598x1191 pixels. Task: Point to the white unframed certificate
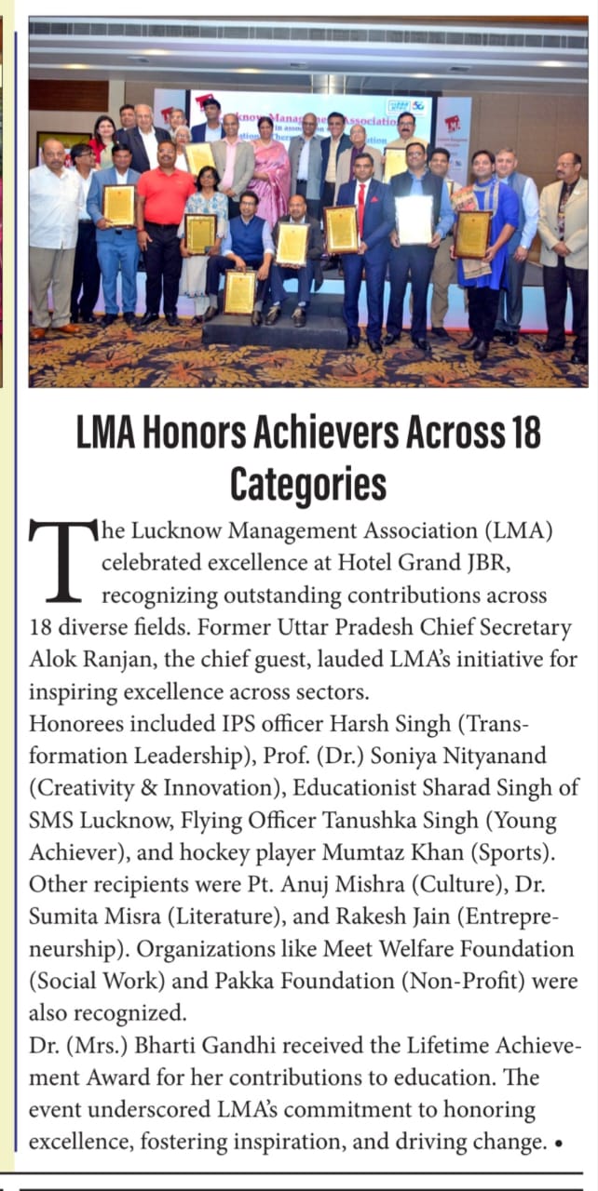pyautogui.click(x=414, y=220)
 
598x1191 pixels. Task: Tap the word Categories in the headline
pyautogui.click(x=307, y=485)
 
